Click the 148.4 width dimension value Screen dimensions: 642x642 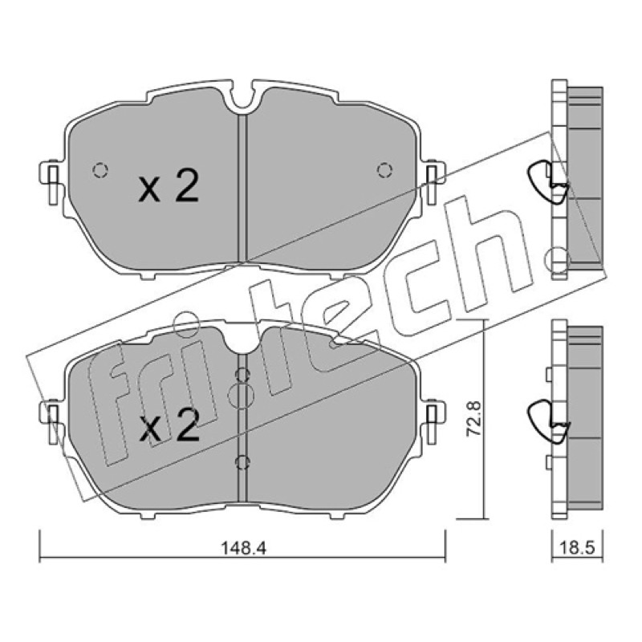coord(244,548)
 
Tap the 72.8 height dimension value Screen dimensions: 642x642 coord(476,418)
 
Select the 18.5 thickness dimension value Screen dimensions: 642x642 coord(576,548)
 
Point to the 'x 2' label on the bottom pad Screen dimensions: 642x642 coord(169,426)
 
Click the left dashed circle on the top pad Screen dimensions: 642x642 coord(100,170)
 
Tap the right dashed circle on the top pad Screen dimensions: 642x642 coord(384,170)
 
